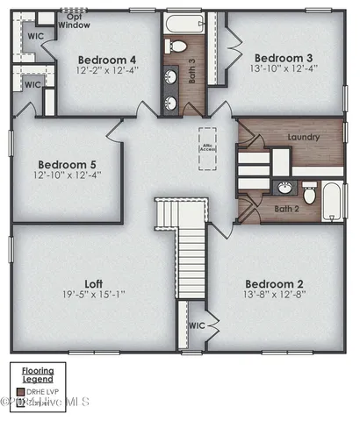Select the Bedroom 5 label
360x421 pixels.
tap(66, 164)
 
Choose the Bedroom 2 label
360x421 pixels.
tap(275, 283)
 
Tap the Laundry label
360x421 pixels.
tap(303, 137)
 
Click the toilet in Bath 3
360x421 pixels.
tap(176, 46)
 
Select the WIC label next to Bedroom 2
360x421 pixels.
tap(197, 325)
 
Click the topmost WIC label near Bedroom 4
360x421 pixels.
tap(36, 37)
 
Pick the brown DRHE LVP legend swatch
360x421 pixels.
tap(21, 390)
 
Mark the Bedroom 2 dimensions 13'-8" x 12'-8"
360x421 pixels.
tap(275, 296)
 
